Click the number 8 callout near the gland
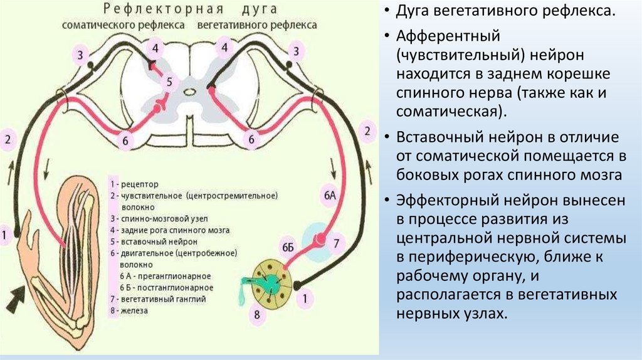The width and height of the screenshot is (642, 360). (x=256, y=315)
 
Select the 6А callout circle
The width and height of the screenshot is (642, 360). (x=330, y=196)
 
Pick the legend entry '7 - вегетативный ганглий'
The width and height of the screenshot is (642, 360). (x=157, y=299)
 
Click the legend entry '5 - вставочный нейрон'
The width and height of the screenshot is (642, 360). (x=154, y=241)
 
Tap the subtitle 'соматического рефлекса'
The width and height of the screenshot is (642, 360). (x=123, y=25)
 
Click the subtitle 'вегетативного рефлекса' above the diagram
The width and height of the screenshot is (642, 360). (x=257, y=25)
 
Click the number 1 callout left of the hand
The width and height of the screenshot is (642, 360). (x=6, y=235)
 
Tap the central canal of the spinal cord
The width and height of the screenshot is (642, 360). (x=188, y=92)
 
